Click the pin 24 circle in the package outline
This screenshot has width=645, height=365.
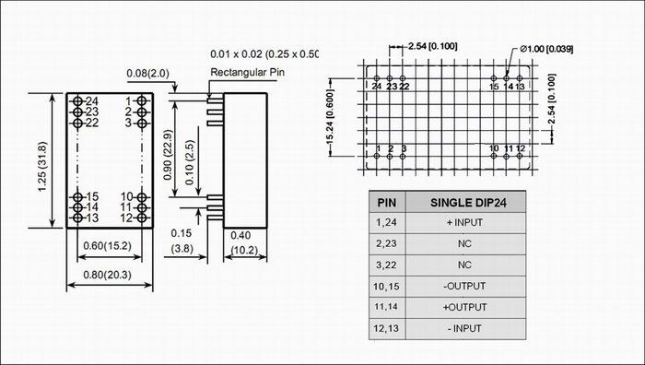(77, 100)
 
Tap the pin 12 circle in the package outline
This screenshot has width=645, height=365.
(142, 218)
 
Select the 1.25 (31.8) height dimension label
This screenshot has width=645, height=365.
(42, 166)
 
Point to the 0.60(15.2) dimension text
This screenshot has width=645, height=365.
(108, 246)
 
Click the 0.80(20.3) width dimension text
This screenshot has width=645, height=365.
(108, 275)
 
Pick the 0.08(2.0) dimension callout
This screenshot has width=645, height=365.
(147, 73)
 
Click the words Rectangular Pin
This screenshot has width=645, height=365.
(247, 72)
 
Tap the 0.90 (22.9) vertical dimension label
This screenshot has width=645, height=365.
(169, 155)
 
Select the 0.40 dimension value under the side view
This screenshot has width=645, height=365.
(240, 235)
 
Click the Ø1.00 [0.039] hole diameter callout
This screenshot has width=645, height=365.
(546, 50)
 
